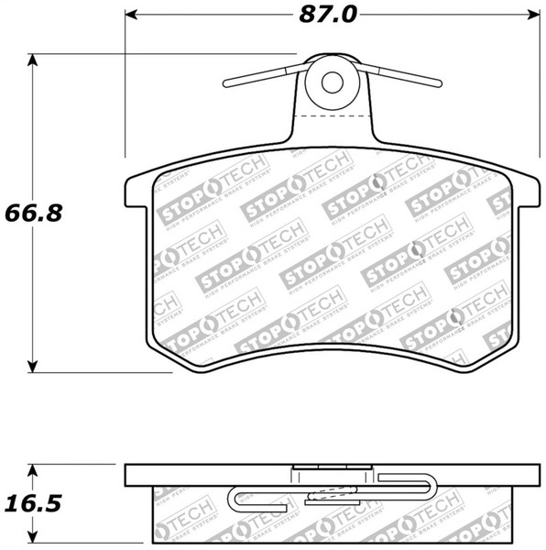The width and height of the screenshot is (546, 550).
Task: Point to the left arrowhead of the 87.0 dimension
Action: coord(130,16)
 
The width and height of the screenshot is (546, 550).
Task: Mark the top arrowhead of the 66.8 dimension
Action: coord(35,60)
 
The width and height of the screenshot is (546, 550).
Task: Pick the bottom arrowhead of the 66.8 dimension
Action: coord(35,366)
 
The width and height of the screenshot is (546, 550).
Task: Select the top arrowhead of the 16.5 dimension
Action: coord(35,470)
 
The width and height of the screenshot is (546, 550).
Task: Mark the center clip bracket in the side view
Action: coord(331,477)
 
